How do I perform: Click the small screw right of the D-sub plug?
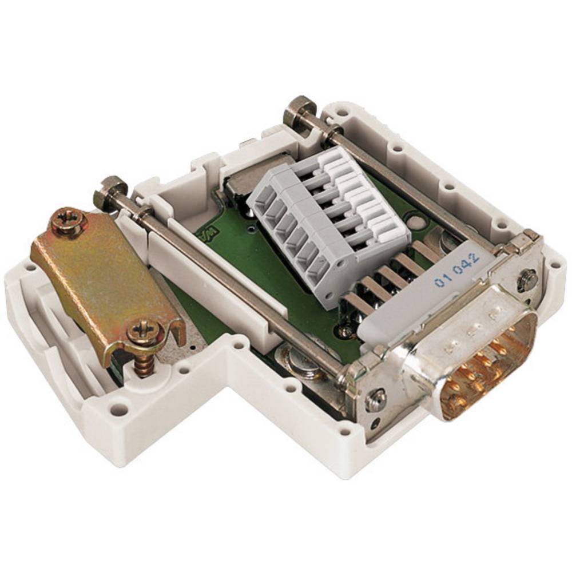point(527,279)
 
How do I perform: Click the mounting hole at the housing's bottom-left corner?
point(118,410)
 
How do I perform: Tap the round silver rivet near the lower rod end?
point(300,363)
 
